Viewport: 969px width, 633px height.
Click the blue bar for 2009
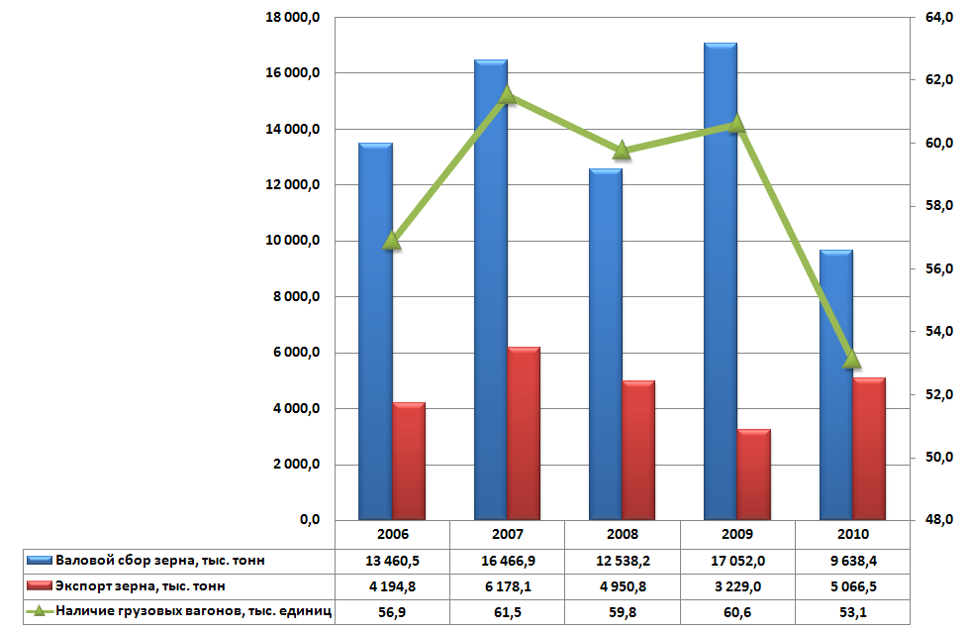click(x=721, y=287)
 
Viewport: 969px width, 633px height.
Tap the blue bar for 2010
click(x=836, y=386)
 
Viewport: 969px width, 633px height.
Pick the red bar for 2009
click(x=753, y=475)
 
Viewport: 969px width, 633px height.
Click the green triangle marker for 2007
click(x=507, y=95)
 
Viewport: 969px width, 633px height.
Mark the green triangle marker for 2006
click(x=392, y=240)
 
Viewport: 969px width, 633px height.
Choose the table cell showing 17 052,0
click(x=737, y=561)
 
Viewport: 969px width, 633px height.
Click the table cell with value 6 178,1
click(x=507, y=586)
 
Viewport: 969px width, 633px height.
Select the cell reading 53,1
click(x=852, y=612)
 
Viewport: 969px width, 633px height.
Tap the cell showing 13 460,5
click(x=392, y=561)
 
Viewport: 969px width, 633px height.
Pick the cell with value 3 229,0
click(x=737, y=586)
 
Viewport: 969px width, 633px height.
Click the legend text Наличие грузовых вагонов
click(x=193, y=612)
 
